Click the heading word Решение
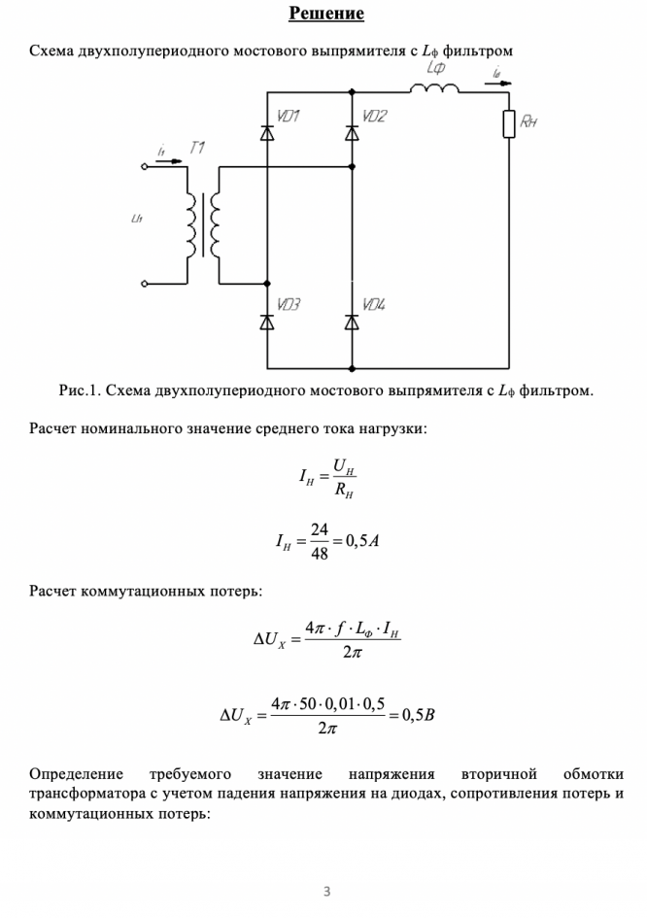point(325,14)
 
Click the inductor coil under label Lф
point(434,89)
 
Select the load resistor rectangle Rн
point(509,124)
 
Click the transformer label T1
point(197,148)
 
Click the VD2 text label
point(374,117)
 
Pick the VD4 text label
point(374,305)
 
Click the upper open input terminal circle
point(145,167)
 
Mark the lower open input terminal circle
point(145,284)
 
